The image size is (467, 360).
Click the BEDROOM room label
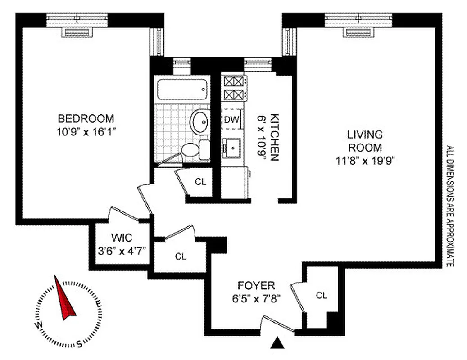click(x=86, y=119)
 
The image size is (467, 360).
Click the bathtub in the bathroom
click(x=182, y=89)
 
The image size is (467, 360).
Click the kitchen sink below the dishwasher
click(x=233, y=147)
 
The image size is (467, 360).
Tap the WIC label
click(x=121, y=237)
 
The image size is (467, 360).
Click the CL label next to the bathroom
click(x=200, y=182)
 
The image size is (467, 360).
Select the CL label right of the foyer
click(x=321, y=295)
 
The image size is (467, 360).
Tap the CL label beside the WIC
click(x=181, y=256)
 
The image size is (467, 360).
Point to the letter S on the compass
click(x=79, y=345)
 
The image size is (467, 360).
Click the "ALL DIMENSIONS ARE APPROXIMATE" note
click(x=449, y=206)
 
